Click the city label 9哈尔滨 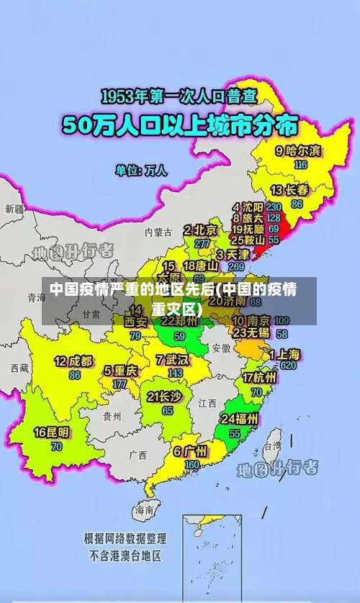[x=299, y=151]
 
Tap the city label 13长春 [x=289, y=190]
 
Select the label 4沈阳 [x=247, y=206]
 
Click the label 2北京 [x=201, y=230]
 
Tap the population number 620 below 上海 [x=288, y=365]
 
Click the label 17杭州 [x=260, y=377]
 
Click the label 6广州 [x=190, y=451]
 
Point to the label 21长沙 [x=164, y=396]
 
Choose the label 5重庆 [x=120, y=371]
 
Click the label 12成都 [x=73, y=361]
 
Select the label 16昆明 [x=52, y=432]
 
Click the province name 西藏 [x=19, y=368]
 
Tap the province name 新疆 [x=14, y=209]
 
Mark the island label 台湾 [x=272, y=446]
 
